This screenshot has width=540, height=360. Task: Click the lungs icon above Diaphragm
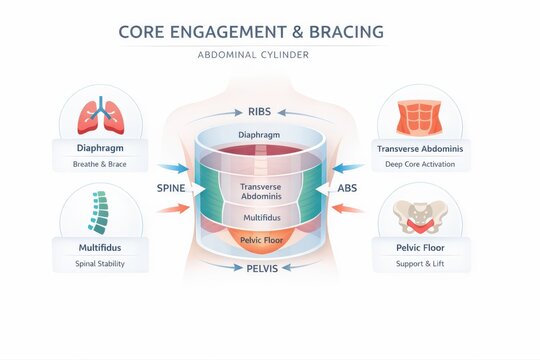tap(101, 115)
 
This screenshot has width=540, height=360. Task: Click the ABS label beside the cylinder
tap(347, 187)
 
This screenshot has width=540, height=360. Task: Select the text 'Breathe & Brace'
tap(100, 162)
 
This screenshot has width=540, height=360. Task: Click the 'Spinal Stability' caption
tap(100, 264)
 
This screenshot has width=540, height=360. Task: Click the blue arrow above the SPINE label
tap(172, 167)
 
